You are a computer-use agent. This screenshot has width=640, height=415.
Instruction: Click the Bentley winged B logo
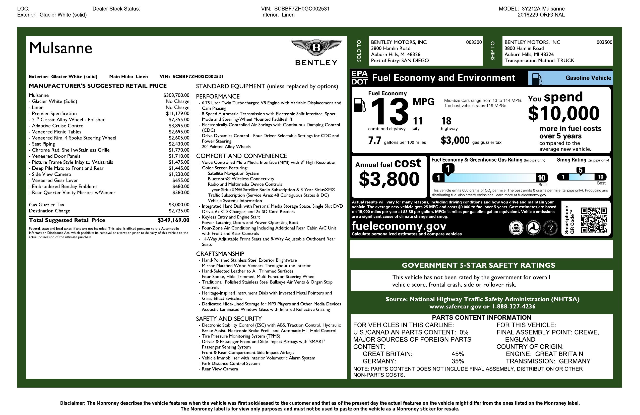(x=316, y=48)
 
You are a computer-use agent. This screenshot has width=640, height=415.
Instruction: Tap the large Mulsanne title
(x=60, y=48)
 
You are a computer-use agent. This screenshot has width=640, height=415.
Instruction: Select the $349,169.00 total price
(x=173, y=220)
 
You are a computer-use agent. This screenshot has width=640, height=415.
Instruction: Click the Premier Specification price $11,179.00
(x=177, y=114)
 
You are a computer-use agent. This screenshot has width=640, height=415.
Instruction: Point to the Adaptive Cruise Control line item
(x=58, y=126)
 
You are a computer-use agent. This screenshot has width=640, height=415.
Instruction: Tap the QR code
(x=594, y=220)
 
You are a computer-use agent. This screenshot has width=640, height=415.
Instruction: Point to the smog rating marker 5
(x=581, y=170)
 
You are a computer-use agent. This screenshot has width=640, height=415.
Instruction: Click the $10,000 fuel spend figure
(x=564, y=113)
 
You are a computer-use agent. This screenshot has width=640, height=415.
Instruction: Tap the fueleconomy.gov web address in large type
(x=399, y=226)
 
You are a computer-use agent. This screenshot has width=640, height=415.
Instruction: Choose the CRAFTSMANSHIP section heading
(x=220, y=254)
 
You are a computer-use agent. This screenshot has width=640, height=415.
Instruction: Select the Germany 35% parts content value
(x=458, y=361)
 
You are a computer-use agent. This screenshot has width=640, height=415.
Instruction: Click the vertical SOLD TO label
(x=359, y=51)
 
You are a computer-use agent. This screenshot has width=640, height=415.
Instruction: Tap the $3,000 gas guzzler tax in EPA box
(x=455, y=140)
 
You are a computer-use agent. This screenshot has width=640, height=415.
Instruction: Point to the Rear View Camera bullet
(x=220, y=369)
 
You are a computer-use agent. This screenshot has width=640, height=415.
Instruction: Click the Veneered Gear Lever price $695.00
(x=181, y=180)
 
